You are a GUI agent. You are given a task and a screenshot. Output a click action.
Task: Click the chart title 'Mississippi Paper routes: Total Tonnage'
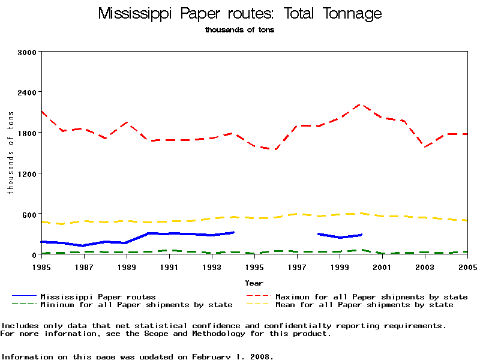pos(240,14)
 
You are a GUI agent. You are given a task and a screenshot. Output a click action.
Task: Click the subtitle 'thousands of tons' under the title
pos(240,30)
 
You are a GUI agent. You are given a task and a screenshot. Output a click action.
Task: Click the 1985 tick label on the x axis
pos(41,266)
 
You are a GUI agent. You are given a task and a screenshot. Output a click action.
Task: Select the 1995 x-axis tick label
pos(254,266)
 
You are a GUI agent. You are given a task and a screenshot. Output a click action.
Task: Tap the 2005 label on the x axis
pos(467,266)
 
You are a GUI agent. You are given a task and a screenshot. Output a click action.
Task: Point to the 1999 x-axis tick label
pos(340,266)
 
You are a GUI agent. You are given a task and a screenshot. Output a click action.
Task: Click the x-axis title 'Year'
pos(254,283)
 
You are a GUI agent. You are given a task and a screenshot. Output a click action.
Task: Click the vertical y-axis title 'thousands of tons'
pos(10,153)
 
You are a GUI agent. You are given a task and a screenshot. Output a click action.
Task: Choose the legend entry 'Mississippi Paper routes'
pos(98,296)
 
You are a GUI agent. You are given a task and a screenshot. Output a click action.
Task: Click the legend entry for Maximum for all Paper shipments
pos(371,296)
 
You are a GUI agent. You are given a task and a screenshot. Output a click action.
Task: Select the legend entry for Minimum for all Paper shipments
pos(136,305)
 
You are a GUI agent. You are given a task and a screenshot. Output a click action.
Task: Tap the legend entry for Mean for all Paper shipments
pos(364,305)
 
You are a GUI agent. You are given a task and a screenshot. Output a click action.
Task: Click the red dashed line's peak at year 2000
pos(361,104)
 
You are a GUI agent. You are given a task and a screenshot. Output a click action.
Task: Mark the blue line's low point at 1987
pos(83,245)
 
